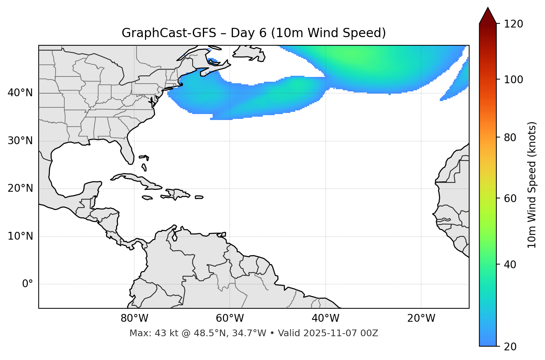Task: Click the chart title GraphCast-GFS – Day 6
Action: click(x=254, y=33)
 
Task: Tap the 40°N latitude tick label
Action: click(x=20, y=93)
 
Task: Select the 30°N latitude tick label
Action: click(x=20, y=141)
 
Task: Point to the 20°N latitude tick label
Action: click(x=20, y=188)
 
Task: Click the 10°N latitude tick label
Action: click(x=20, y=236)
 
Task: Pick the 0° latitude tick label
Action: click(x=28, y=284)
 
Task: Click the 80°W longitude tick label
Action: click(x=134, y=318)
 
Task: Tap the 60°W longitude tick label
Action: click(x=230, y=318)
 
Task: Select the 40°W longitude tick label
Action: click(x=325, y=318)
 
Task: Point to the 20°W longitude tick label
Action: click(x=421, y=318)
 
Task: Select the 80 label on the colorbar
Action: click(x=510, y=137)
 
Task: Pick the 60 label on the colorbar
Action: click(x=510, y=198)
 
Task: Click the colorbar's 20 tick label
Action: click(x=510, y=347)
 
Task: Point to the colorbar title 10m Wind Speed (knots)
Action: click(x=532, y=185)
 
